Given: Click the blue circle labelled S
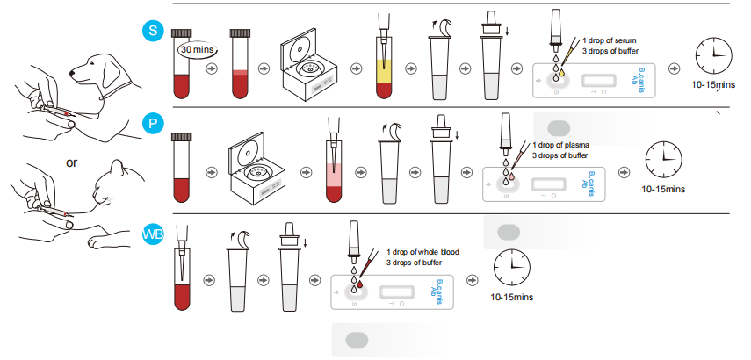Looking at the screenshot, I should click(x=153, y=32).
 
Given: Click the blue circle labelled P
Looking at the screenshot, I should click(x=153, y=124).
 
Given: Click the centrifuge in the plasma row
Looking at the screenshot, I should click(x=259, y=162).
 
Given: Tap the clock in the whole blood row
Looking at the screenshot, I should click(x=511, y=265).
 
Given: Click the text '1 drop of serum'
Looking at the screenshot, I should click(x=602, y=41).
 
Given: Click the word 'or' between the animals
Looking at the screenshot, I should click(x=74, y=162).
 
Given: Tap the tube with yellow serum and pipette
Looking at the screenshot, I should click(x=384, y=61).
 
